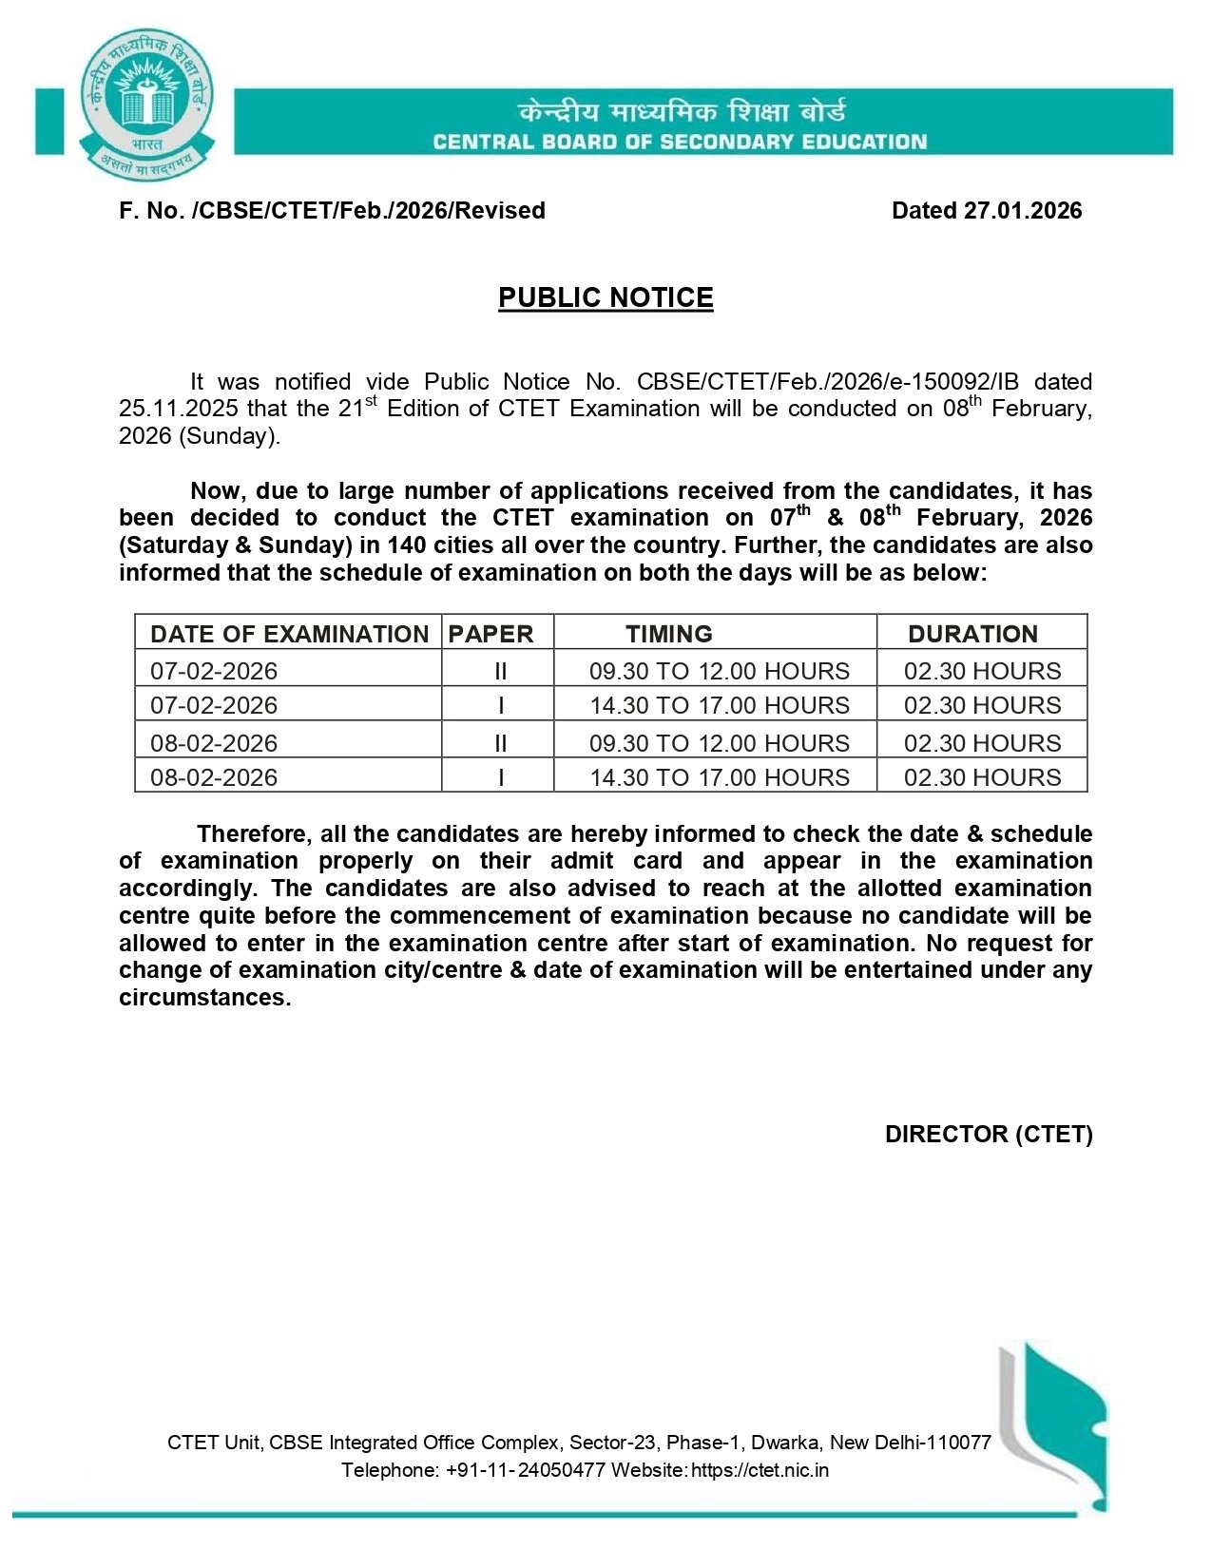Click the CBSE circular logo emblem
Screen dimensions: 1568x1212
click(x=146, y=104)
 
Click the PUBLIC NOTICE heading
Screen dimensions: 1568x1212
click(x=606, y=297)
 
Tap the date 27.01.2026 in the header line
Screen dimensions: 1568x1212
click(x=1022, y=210)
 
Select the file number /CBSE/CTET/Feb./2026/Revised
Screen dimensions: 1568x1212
click(x=368, y=210)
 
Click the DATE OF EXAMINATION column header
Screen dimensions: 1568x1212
click(x=289, y=634)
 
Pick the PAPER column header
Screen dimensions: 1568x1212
click(x=491, y=634)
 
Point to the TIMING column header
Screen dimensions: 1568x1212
click(x=669, y=634)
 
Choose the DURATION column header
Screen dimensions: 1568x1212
click(x=972, y=634)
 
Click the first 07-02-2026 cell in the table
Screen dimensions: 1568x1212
click(x=214, y=671)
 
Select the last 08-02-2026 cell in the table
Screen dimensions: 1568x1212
click(x=214, y=777)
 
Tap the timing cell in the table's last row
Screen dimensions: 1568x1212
click(x=720, y=777)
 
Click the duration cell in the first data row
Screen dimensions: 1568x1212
click(x=982, y=671)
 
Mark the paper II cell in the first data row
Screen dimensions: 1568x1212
click(x=500, y=671)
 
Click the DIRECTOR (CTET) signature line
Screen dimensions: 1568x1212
click(x=988, y=1134)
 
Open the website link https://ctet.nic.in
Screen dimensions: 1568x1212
click(x=760, y=1470)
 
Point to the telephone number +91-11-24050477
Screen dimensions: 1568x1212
click(x=525, y=1470)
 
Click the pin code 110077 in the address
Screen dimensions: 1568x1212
click(x=961, y=1443)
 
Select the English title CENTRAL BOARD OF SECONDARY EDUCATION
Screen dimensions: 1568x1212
click(x=680, y=143)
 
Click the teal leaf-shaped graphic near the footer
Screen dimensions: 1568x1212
click(x=1065, y=1425)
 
